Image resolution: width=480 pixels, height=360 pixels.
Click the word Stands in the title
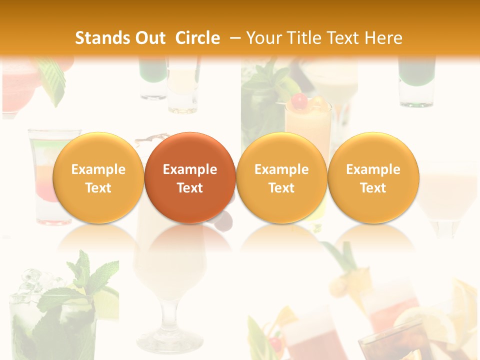tap(98, 38)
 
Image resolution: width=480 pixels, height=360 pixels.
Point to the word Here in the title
tap(383, 38)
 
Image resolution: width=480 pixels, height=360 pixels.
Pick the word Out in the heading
tap(149, 38)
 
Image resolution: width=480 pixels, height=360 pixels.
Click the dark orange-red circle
tap(190, 177)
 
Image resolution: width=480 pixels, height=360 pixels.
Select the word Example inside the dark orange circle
tap(190, 169)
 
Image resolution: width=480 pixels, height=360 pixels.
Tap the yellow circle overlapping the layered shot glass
tap(98, 177)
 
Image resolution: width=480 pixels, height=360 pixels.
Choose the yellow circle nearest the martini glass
tap(373, 177)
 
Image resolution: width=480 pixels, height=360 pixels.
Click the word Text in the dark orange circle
tap(190, 188)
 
